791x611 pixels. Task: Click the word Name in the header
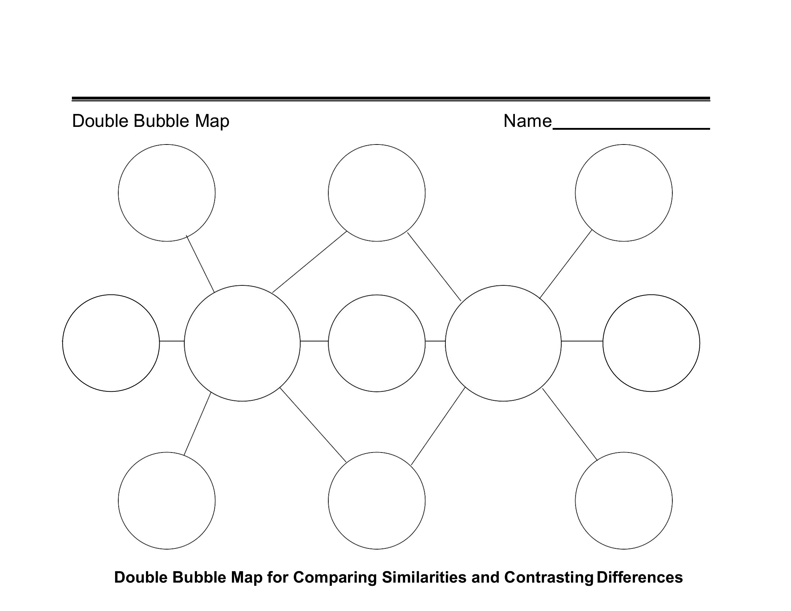pos(528,121)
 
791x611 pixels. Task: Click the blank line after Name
pos(631,129)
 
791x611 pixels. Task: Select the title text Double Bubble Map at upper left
pos(151,121)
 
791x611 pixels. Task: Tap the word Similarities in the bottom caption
pos(424,577)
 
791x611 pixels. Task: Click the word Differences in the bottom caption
pos(640,577)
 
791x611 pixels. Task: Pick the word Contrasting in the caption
pos(549,578)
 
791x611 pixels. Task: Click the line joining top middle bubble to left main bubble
pos(310,262)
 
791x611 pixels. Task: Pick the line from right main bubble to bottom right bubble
pos(570,424)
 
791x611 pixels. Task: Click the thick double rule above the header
pos(391,99)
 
